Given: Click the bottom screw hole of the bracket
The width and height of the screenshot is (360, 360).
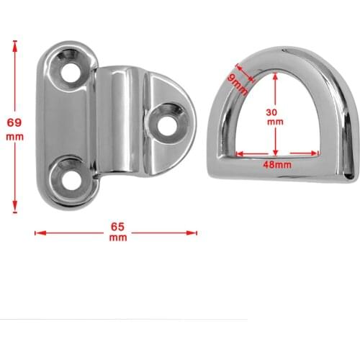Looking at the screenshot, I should click(x=70, y=175).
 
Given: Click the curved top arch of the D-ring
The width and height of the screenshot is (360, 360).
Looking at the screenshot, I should click(x=281, y=53).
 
